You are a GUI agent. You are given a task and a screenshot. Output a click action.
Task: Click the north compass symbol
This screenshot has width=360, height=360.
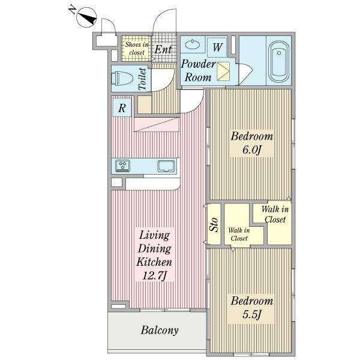pyautogui.click(x=86, y=17)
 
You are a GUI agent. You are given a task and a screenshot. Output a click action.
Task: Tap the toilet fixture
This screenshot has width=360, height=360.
pyautogui.click(x=122, y=78)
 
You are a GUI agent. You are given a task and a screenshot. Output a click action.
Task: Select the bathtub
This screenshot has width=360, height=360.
pyautogui.click(x=279, y=61)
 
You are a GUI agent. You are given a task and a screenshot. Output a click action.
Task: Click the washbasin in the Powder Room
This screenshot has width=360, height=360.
pyautogui.click(x=193, y=44)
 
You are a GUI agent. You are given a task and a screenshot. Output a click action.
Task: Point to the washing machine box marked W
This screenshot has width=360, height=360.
pyautogui.click(x=217, y=47)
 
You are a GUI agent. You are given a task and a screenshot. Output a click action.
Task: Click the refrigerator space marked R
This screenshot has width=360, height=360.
pyautogui.click(x=122, y=107)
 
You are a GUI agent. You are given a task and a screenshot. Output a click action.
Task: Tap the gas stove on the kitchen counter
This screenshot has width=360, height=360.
pyautogui.click(x=123, y=166)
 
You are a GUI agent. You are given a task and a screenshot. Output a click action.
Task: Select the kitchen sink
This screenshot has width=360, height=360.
pyautogui.click(x=166, y=166)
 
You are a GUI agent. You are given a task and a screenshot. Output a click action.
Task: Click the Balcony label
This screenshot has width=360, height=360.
pyautogui.click(x=160, y=330)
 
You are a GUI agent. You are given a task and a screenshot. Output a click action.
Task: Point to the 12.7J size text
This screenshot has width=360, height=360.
pyautogui.click(x=154, y=275)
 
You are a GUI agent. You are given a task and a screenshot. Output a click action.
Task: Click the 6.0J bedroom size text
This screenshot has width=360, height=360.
pyautogui.click(x=252, y=150)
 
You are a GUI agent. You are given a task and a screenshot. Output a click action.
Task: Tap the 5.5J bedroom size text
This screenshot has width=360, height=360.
pyautogui.click(x=252, y=314)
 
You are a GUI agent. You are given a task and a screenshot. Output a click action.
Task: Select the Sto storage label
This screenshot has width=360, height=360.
pyautogui.click(x=214, y=224)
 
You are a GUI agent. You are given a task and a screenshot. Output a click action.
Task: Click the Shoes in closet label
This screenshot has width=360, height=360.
pyautogui.click(x=137, y=49)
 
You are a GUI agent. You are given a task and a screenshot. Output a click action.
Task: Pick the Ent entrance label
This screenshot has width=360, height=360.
pyautogui.click(x=163, y=49)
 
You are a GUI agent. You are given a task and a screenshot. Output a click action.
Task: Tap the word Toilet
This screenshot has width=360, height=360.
pyautogui.click(x=142, y=79)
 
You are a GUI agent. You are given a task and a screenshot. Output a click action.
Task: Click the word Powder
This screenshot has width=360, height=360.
pyautogui.click(x=199, y=64)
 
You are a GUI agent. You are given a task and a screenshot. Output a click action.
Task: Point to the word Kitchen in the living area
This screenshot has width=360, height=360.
pyautogui.click(x=154, y=262)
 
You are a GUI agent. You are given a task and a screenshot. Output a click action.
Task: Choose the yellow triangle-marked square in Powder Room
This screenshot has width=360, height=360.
pyautogui.click(x=223, y=71)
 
